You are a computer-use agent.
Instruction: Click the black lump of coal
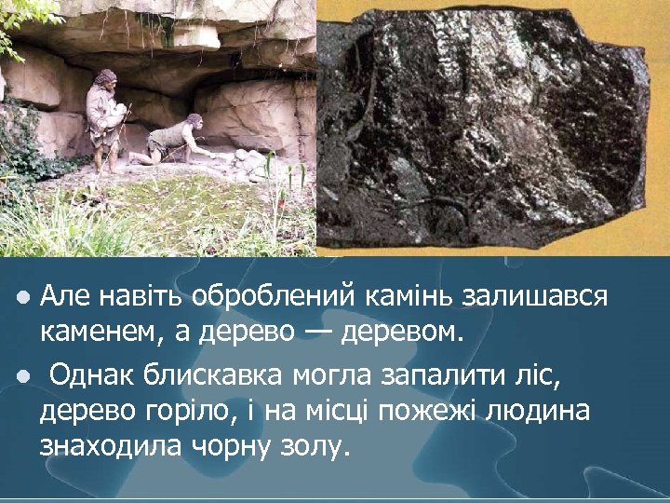(x=493, y=130)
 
